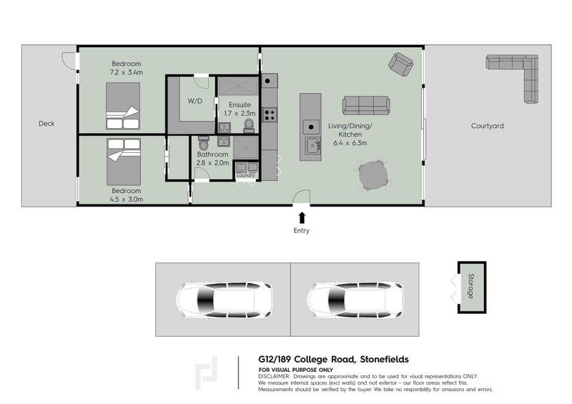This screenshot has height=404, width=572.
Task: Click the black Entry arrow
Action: [302, 217]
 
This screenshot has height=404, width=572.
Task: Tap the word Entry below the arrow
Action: [302, 231]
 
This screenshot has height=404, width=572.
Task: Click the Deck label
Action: [46, 124]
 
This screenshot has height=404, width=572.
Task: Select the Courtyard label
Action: [487, 126]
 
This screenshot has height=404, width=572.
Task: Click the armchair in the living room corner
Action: [400, 64]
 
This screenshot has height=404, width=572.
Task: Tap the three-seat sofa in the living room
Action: [366, 105]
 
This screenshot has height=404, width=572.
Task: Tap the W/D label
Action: [195, 101]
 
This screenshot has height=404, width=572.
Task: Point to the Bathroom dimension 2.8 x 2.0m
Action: [212, 163]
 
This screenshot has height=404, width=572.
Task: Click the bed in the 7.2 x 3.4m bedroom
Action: [123, 105]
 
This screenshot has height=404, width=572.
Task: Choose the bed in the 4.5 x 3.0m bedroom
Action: [124, 162]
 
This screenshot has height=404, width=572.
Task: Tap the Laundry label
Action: [246, 175]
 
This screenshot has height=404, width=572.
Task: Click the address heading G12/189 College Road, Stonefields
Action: [333, 360]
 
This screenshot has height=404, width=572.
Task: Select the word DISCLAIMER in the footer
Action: [274, 376]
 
